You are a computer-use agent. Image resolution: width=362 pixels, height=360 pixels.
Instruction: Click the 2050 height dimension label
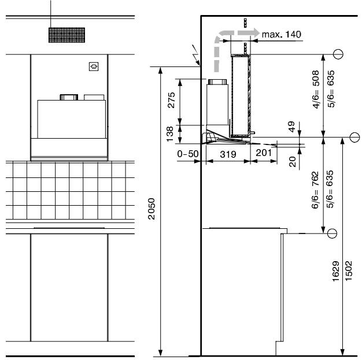[x=152, y=209]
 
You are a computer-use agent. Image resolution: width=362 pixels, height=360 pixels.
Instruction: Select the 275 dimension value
[x=171, y=100]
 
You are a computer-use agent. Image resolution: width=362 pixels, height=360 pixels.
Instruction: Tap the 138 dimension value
[x=169, y=134]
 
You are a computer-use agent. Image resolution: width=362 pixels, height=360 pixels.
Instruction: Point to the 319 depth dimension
[x=228, y=154]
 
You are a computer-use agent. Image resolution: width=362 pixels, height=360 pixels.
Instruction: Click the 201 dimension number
[x=264, y=153]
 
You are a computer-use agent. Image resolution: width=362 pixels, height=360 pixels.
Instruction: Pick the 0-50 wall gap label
[x=188, y=154]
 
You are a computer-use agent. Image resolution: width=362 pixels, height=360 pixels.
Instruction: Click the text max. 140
[x=282, y=35]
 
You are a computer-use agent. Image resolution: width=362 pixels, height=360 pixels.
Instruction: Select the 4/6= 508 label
[x=316, y=89]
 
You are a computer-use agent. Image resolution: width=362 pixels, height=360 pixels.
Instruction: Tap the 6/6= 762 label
[x=315, y=190]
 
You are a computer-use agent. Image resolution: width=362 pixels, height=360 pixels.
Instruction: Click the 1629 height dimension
[x=335, y=271]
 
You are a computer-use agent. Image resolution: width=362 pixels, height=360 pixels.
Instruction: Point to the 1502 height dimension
[x=348, y=270]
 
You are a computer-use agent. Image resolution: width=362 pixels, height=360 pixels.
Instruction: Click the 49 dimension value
[x=291, y=127]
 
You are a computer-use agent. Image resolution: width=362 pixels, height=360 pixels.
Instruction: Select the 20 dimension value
[x=292, y=162]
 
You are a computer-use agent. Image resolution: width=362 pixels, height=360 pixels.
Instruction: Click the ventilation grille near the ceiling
[x=67, y=35]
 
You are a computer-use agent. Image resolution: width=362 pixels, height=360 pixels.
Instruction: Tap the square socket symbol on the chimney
[x=94, y=66]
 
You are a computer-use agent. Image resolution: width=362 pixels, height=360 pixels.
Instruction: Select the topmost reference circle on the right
[x=338, y=54]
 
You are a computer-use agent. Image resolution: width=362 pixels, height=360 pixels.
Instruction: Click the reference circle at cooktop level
[x=332, y=233]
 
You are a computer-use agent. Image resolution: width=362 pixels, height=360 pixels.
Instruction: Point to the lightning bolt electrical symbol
[x=196, y=55]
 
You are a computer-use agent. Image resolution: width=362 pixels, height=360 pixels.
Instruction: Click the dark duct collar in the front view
[x=69, y=97]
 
